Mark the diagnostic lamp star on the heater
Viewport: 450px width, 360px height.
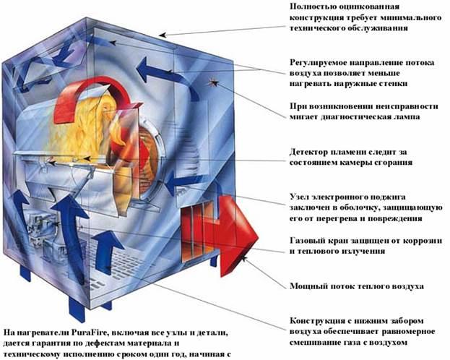214,82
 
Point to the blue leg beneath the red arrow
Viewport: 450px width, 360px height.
214,261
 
